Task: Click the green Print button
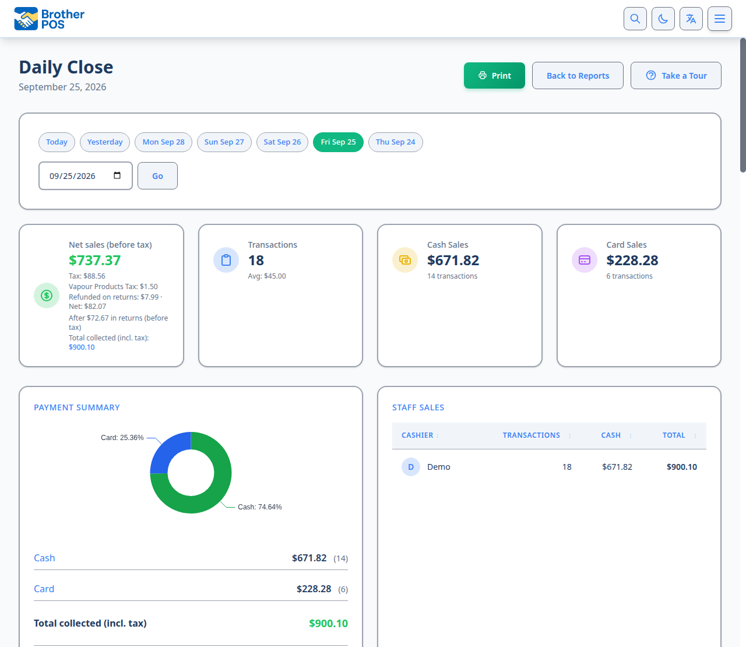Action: point(494,75)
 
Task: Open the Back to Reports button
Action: point(578,75)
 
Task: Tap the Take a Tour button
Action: point(675,75)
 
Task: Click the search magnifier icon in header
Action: point(635,19)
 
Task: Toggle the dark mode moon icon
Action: point(663,19)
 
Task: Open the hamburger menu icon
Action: point(719,19)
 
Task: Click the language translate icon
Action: point(691,19)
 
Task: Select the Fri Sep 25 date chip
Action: point(338,142)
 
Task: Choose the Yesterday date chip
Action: point(105,142)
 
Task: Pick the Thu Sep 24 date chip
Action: point(395,142)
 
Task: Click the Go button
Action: point(157,176)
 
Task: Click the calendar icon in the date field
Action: point(117,175)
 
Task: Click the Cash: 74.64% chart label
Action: point(259,507)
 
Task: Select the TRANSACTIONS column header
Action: point(532,435)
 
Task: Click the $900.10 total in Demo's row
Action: point(681,467)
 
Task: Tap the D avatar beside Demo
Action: point(411,467)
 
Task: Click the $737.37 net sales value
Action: point(94,261)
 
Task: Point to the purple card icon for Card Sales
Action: point(585,260)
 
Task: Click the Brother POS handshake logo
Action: point(26,19)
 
